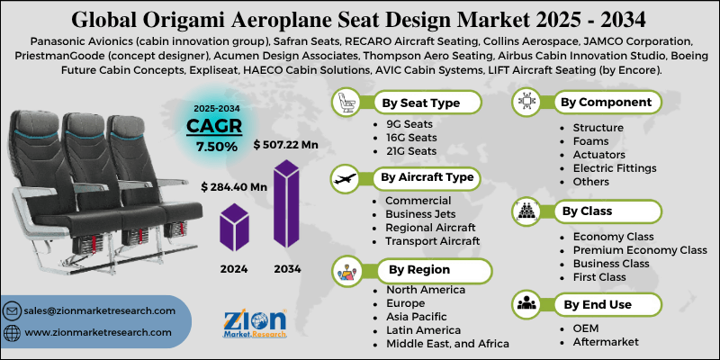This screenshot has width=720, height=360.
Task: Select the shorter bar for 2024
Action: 234,229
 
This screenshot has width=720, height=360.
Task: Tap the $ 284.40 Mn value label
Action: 234,186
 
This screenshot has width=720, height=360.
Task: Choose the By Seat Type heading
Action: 421,103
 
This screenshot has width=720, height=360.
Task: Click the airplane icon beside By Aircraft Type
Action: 345,177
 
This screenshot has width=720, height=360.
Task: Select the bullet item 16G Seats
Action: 411,138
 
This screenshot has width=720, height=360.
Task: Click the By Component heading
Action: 606,102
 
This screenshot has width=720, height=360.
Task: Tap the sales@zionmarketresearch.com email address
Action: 100,310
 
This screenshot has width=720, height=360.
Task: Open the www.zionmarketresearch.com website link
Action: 100,333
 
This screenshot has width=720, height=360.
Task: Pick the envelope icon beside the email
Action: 13,311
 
